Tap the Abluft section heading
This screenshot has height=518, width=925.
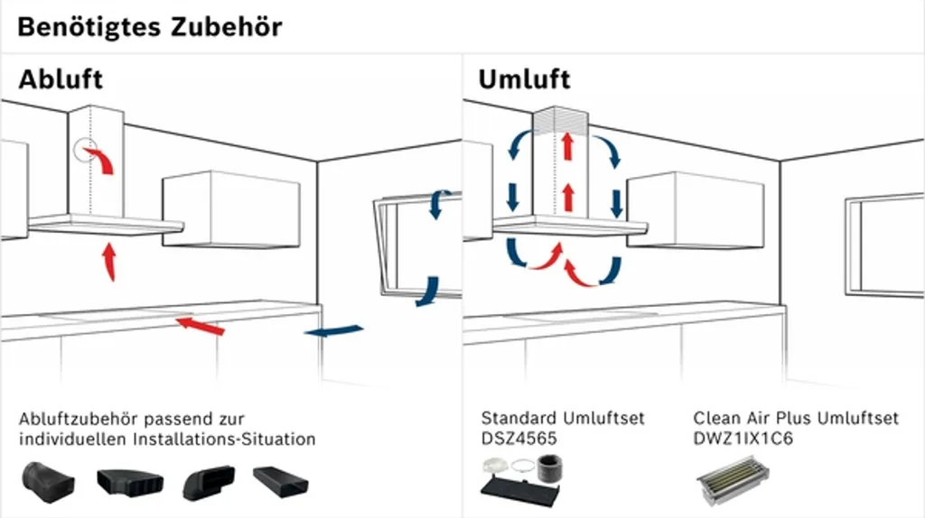pos(61,79)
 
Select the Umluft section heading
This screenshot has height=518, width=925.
pos(524,79)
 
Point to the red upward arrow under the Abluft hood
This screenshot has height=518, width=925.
pos(109,262)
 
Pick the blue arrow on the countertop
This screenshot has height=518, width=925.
pos(333,331)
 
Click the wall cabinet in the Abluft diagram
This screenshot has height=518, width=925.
pos(230,210)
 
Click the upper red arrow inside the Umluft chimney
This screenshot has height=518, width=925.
pos(567,146)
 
